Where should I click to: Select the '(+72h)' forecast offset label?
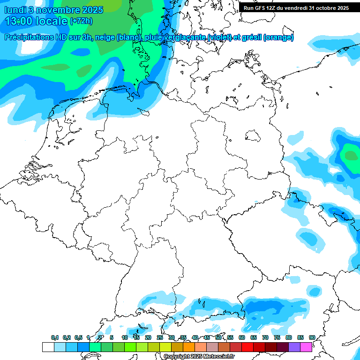(x=82, y=21)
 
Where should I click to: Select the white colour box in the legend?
(x=48, y=347)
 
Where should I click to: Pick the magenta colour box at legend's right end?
(x=306, y=347)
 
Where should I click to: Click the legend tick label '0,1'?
(x=54, y=338)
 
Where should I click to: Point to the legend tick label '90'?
(x=312, y=338)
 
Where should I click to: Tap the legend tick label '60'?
(x=242, y=338)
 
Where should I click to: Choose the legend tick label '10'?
(x=125, y=338)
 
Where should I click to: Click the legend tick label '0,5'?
(x=78, y=338)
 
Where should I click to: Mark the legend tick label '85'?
(x=300, y=338)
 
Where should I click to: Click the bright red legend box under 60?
(x=247, y=347)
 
